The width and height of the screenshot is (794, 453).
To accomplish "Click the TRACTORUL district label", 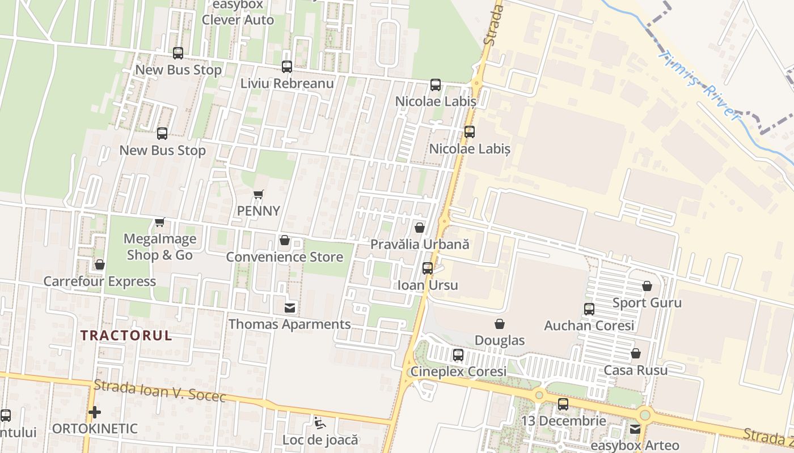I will pyautogui.click(x=126, y=335).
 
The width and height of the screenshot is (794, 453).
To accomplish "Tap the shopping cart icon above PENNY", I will pyautogui.click(x=259, y=195).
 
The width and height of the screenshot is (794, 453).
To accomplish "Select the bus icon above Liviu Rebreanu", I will pyautogui.click(x=287, y=67).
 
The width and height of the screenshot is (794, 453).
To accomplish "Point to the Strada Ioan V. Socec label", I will pyautogui.click(x=160, y=391).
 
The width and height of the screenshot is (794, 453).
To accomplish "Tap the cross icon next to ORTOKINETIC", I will pyautogui.click(x=95, y=412).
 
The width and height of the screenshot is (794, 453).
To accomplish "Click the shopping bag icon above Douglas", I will pyautogui.click(x=500, y=324).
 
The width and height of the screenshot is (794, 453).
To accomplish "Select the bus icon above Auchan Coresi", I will pyautogui.click(x=589, y=309).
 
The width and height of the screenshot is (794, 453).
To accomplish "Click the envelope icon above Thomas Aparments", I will pyautogui.click(x=290, y=308).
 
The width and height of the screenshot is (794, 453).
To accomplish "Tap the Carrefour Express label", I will pyautogui.click(x=100, y=281).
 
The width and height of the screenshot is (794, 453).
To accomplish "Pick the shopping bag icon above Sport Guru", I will pyautogui.click(x=647, y=286).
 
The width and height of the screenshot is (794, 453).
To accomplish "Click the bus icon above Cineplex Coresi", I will pyautogui.click(x=458, y=355).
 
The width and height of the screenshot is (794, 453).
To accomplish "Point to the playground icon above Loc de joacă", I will pyautogui.click(x=320, y=422).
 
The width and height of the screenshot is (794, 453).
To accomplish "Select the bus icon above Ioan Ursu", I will pyautogui.click(x=428, y=268).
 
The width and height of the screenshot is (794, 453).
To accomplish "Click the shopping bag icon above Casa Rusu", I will pyautogui.click(x=636, y=353).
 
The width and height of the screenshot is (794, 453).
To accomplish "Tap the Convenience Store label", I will pyautogui.click(x=285, y=257).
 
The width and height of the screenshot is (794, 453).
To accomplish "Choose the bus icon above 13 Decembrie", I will pyautogui.click(x=563, y=404).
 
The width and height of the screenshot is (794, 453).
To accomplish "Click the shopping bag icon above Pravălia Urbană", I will pyautogui.click(x=420, y=228).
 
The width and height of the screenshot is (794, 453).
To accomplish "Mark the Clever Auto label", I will pyautogui.click(x=238, y=20).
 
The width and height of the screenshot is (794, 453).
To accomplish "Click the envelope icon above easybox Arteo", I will pyautogui.click(x=635, y=429).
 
